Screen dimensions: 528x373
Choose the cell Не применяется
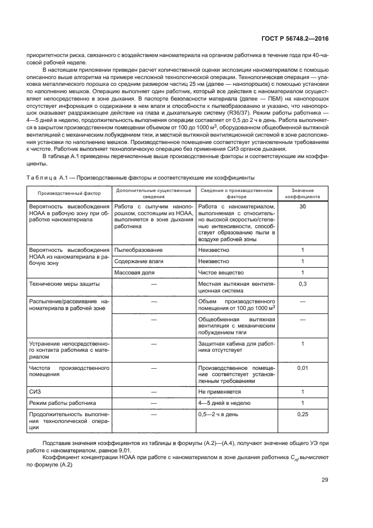220,391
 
